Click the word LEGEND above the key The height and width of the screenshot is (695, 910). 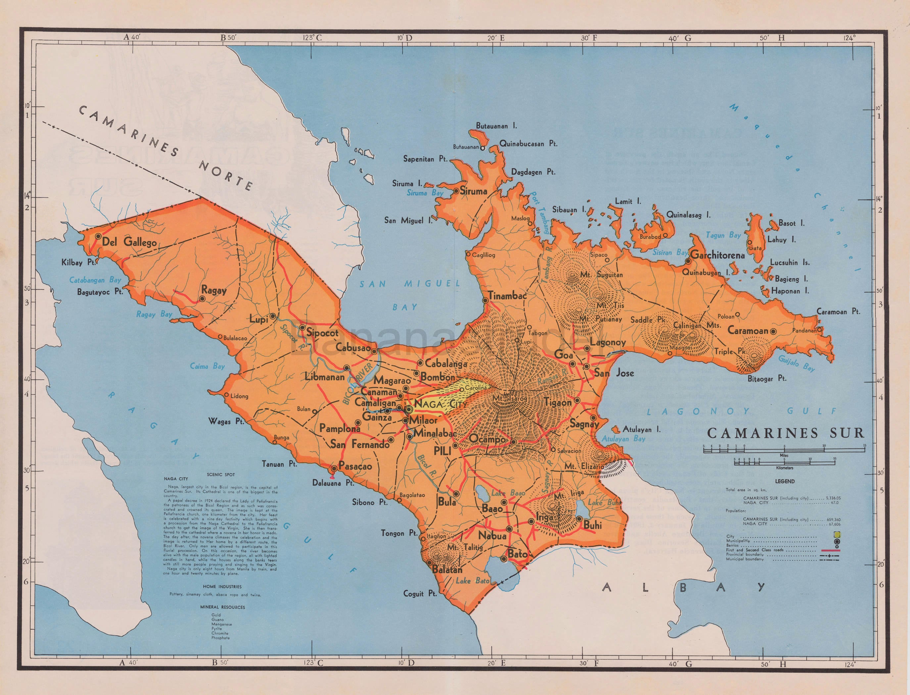(x=785, y=481)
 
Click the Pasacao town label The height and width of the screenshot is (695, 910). (x=355, y=466)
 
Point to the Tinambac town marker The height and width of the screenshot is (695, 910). (x=485, y=301)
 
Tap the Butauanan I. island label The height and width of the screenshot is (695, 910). (x=496, y=126)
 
